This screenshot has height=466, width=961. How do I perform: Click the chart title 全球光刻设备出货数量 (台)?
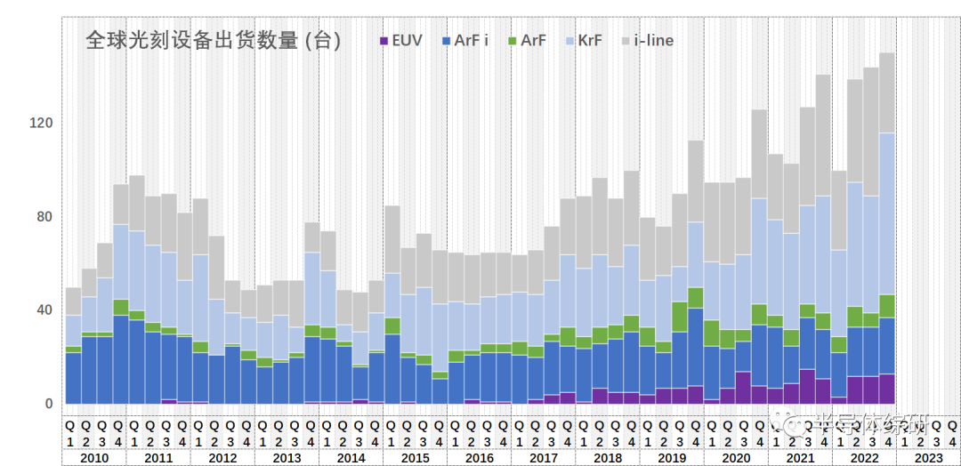(214, 41)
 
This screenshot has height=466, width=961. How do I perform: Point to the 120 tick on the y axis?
(43, 123)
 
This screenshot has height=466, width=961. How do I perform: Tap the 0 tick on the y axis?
(50, 404)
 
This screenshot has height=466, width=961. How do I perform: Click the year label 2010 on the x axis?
(93, 458)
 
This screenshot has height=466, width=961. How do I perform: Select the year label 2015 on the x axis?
(415, 458)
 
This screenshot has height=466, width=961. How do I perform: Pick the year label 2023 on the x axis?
(928, 458)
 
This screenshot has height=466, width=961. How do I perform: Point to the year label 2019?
(672, 458)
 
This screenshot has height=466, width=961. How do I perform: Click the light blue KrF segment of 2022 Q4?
(887, 213)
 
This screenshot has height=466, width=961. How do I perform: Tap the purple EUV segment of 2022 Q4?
(887, 389)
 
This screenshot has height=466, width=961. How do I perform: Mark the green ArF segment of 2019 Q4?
(695, 298)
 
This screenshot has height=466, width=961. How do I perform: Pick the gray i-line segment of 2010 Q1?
(73, 301)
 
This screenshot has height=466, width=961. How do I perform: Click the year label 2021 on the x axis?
(800, 458)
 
